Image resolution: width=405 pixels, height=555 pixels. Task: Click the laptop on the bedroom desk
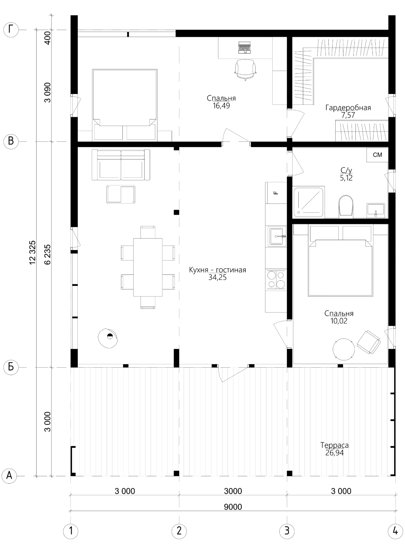[x=244, y=47]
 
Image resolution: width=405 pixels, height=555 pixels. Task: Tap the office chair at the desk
[x=245, y=70]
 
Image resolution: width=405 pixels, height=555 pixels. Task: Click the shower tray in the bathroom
[x=309, y=202]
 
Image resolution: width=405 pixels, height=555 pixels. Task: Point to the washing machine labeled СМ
[x=377, y=155]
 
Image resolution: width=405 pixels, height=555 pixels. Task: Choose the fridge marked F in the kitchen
[x=276, y=193]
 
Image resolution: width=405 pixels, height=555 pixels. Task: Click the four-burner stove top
[x=276, y=280]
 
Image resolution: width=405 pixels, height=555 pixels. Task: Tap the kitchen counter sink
[x=278, y=237]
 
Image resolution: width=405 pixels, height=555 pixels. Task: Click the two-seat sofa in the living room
[x=121, y=165]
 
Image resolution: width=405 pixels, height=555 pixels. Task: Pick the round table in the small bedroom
[x=343, y=349]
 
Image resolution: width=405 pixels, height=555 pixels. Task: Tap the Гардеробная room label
[x=348, y=108]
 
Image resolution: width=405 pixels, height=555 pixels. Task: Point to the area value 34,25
[x=218, y=277]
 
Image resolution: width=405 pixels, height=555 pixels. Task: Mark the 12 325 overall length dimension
[x=32, y=252]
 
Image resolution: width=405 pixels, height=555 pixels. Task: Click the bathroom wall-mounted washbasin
[x=376, y=210]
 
